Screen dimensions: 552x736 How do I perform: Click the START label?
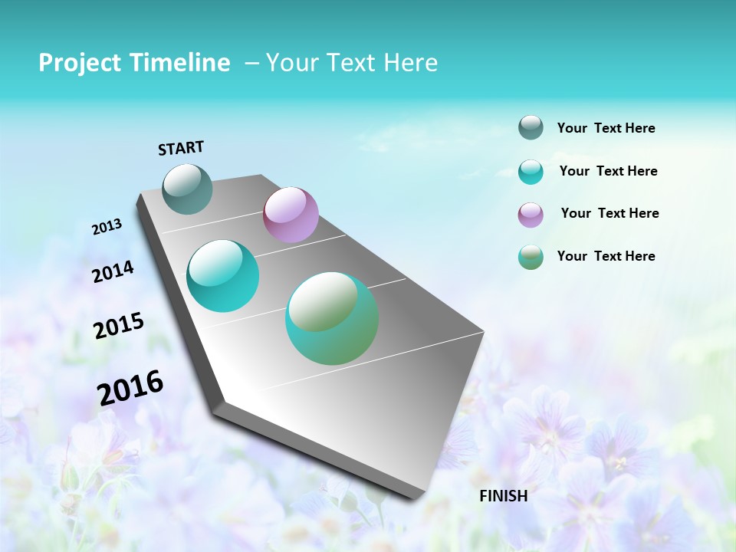coord(181,148)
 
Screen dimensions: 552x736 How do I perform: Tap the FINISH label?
coord(503,496)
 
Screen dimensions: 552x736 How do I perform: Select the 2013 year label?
coord(107,227)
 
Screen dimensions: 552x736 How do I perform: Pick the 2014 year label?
coord(113,271)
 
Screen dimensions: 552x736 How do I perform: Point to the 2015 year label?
coord(118,326)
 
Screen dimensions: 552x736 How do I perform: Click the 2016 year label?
coord(130,388)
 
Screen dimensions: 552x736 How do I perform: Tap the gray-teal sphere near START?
coord(187,189)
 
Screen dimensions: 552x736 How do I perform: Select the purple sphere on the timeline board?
coord(291,215)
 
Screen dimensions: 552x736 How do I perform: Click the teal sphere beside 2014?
coord(222,276)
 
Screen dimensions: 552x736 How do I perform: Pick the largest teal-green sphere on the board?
coord(332,318)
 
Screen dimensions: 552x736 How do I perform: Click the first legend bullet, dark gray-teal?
coord(531,128)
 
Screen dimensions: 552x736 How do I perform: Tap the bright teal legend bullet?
coord(531,172)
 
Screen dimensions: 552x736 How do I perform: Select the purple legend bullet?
coord(531,215)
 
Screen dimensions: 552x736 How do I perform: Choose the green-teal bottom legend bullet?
coord(531,257)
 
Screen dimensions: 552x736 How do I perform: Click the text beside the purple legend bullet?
coord(609,213)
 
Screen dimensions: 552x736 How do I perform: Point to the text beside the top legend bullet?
coord(606,128)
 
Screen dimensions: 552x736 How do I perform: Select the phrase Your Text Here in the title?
coord(351,63)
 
